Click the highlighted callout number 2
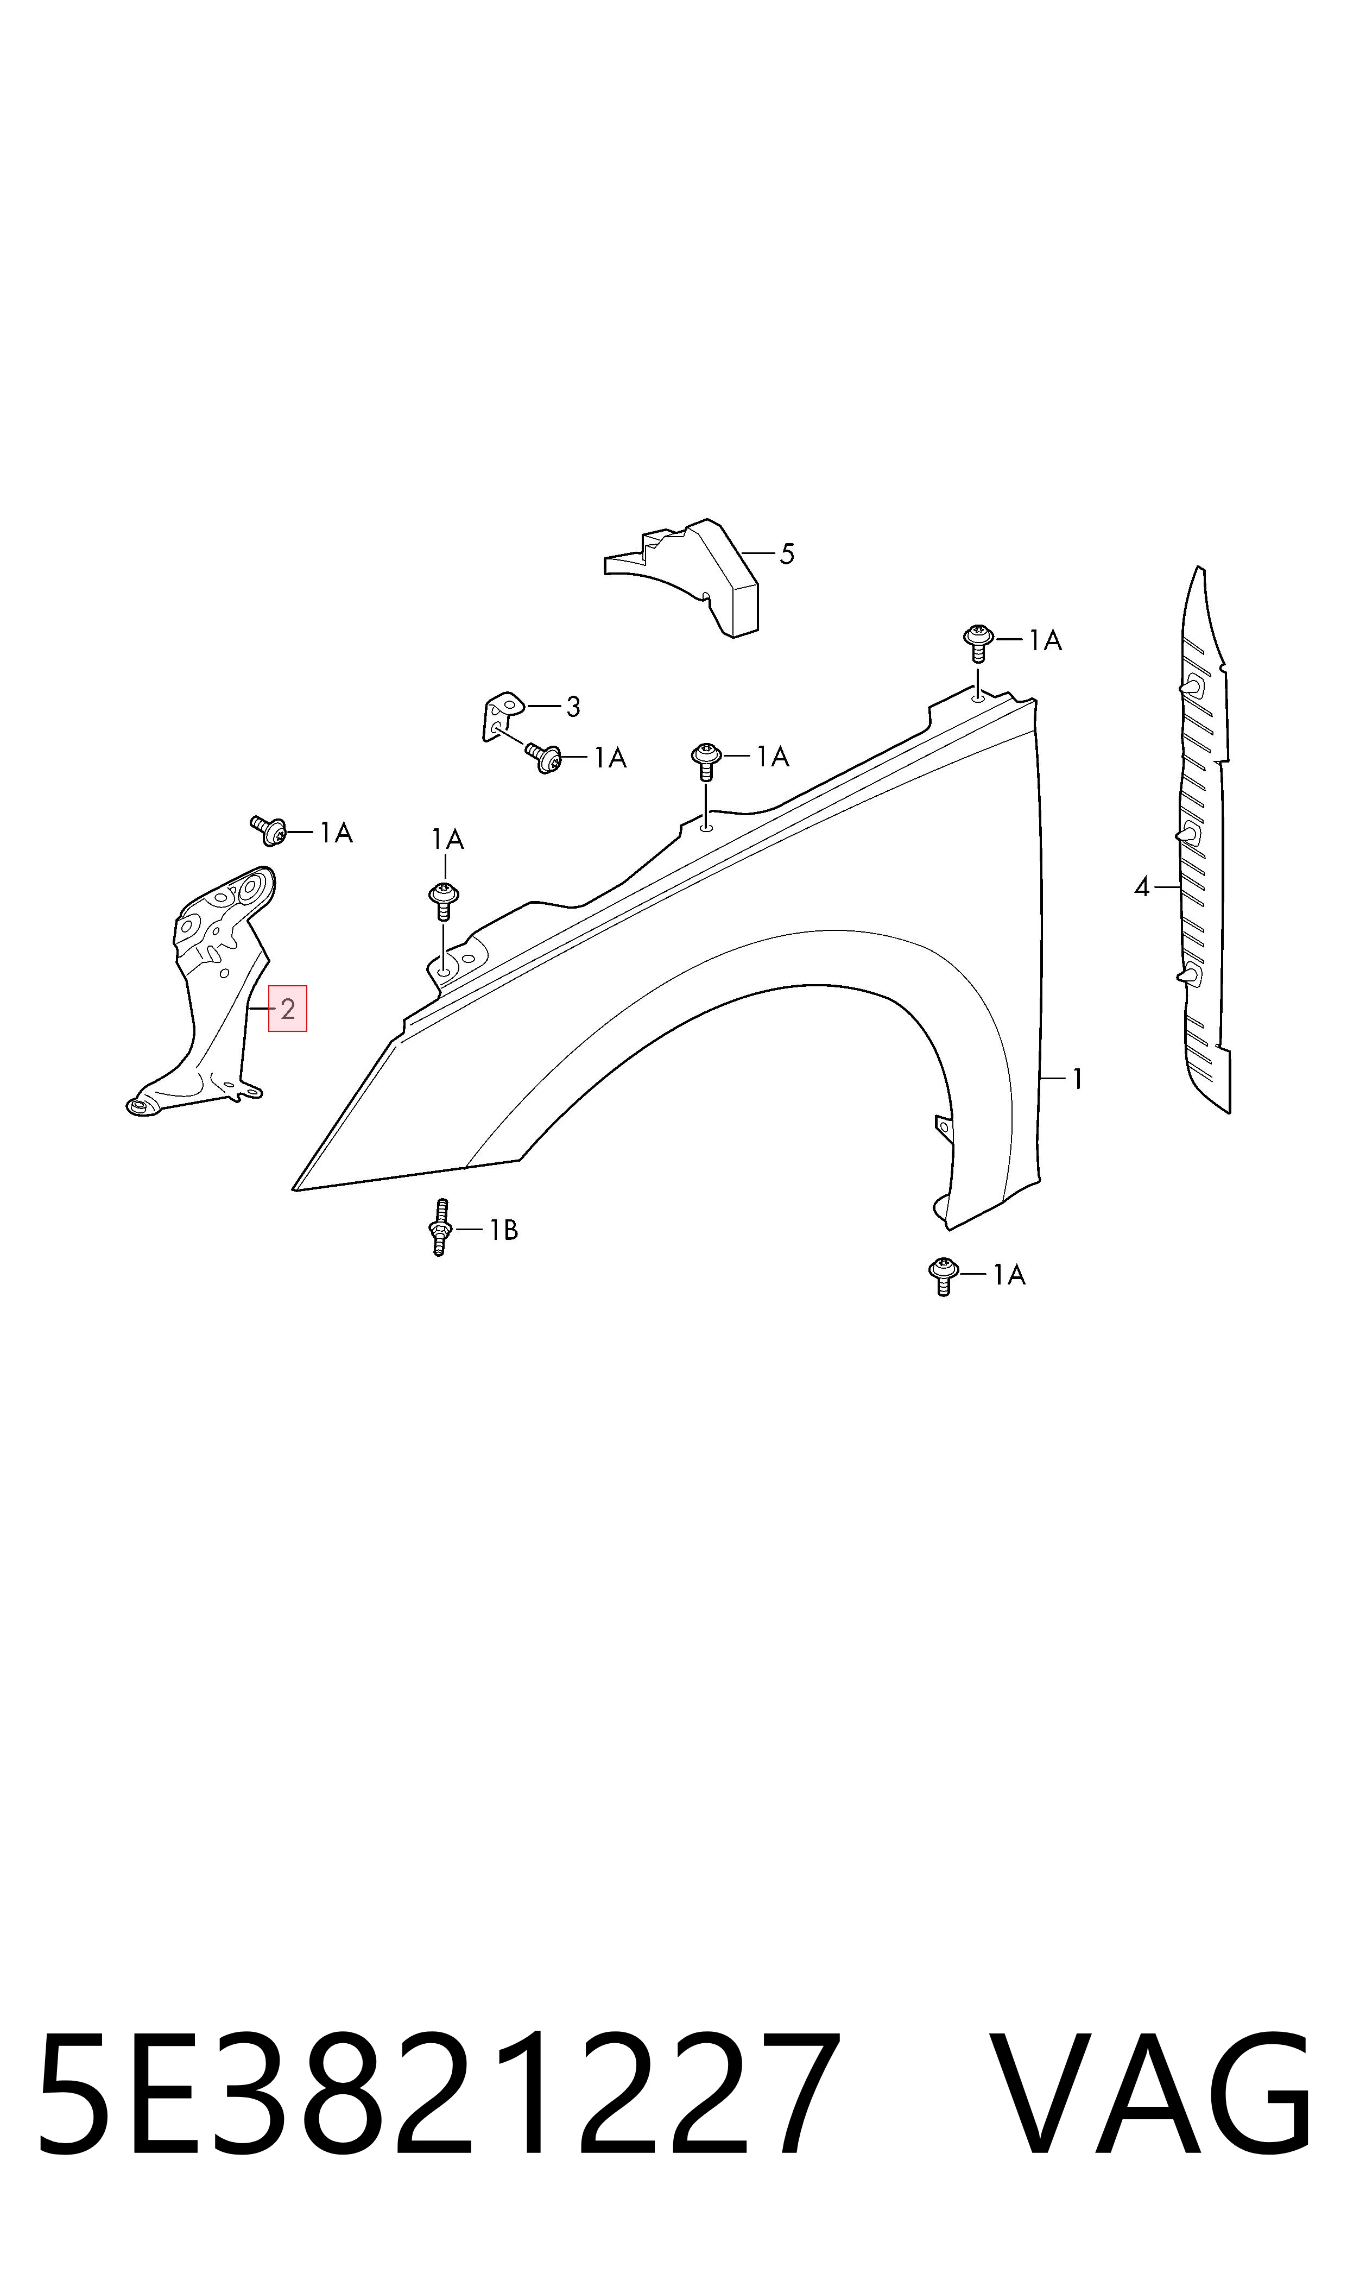click(288, 1009)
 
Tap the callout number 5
click(787, 554)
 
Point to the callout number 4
click(1142, 887)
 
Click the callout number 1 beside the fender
click(1077, 1079)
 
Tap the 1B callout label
click(504, 1230)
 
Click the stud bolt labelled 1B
click(440, 1226)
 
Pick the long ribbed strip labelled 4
click(1205, 840)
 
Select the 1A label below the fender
click(1008, 1276)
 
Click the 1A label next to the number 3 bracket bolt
click(611, 758)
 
